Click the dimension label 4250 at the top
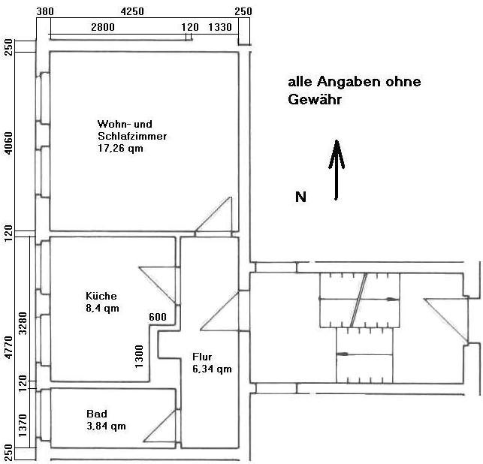point(132,11)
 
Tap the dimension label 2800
point(103,27)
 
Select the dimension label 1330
point(220,27)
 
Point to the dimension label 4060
point(9,143)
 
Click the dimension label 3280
point(23,324)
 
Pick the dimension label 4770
point(9,348)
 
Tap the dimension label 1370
point(23,425)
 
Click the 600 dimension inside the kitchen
point(158,317)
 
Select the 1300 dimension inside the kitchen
point(139,356)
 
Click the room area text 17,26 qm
point(120,148)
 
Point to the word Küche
point(101,296)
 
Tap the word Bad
point(97,414)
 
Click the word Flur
point(202,357)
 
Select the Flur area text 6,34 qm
point(213,369)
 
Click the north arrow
point(337,170)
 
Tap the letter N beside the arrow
point(300,197)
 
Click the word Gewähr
point(315,99)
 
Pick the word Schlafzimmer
point(132,136)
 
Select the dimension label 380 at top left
point(45,11)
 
